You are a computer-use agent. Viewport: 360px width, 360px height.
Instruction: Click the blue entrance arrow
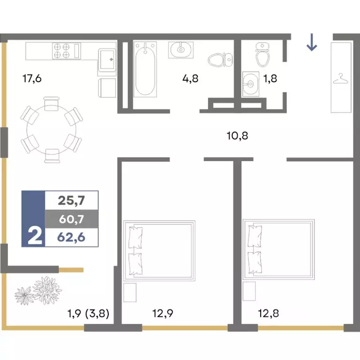click(x=312, y=42)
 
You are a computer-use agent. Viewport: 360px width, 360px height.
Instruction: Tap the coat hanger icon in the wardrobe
click(x=341, y=79)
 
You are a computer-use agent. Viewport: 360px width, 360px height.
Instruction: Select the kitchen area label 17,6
click(x=32, y=79)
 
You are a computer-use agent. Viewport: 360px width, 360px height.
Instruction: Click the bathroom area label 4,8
click(x=190, y=79)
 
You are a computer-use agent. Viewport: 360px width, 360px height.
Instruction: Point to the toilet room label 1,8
click(x=270, y=79)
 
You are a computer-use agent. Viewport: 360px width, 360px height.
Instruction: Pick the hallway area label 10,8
click(x=237, y=135)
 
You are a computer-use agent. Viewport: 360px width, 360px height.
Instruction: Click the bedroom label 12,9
click(x=163, y=313)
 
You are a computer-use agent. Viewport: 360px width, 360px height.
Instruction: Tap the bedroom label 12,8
click(x=269, y=313)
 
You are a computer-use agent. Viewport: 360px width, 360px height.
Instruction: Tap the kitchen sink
click(x=107, y=60)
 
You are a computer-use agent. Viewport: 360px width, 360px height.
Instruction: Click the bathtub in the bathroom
click(x=145, y=69)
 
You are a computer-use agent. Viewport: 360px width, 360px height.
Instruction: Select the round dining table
click(x=52, y=130)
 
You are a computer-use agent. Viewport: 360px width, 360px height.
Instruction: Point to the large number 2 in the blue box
click(x=35, y=236)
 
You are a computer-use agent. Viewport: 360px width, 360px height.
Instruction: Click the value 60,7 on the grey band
click(x=71, y=219)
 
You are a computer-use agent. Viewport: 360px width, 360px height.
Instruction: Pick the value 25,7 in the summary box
click(x=71, y=201)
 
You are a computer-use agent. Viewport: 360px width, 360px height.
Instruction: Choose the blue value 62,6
click(x=71, y=237)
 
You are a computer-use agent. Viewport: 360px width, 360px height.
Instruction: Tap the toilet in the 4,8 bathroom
click(x=220, y=60)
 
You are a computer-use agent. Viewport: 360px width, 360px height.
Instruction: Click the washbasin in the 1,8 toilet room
click(x=251, y=84)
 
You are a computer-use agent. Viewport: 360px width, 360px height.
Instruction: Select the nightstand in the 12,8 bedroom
click(x=249, y=291)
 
